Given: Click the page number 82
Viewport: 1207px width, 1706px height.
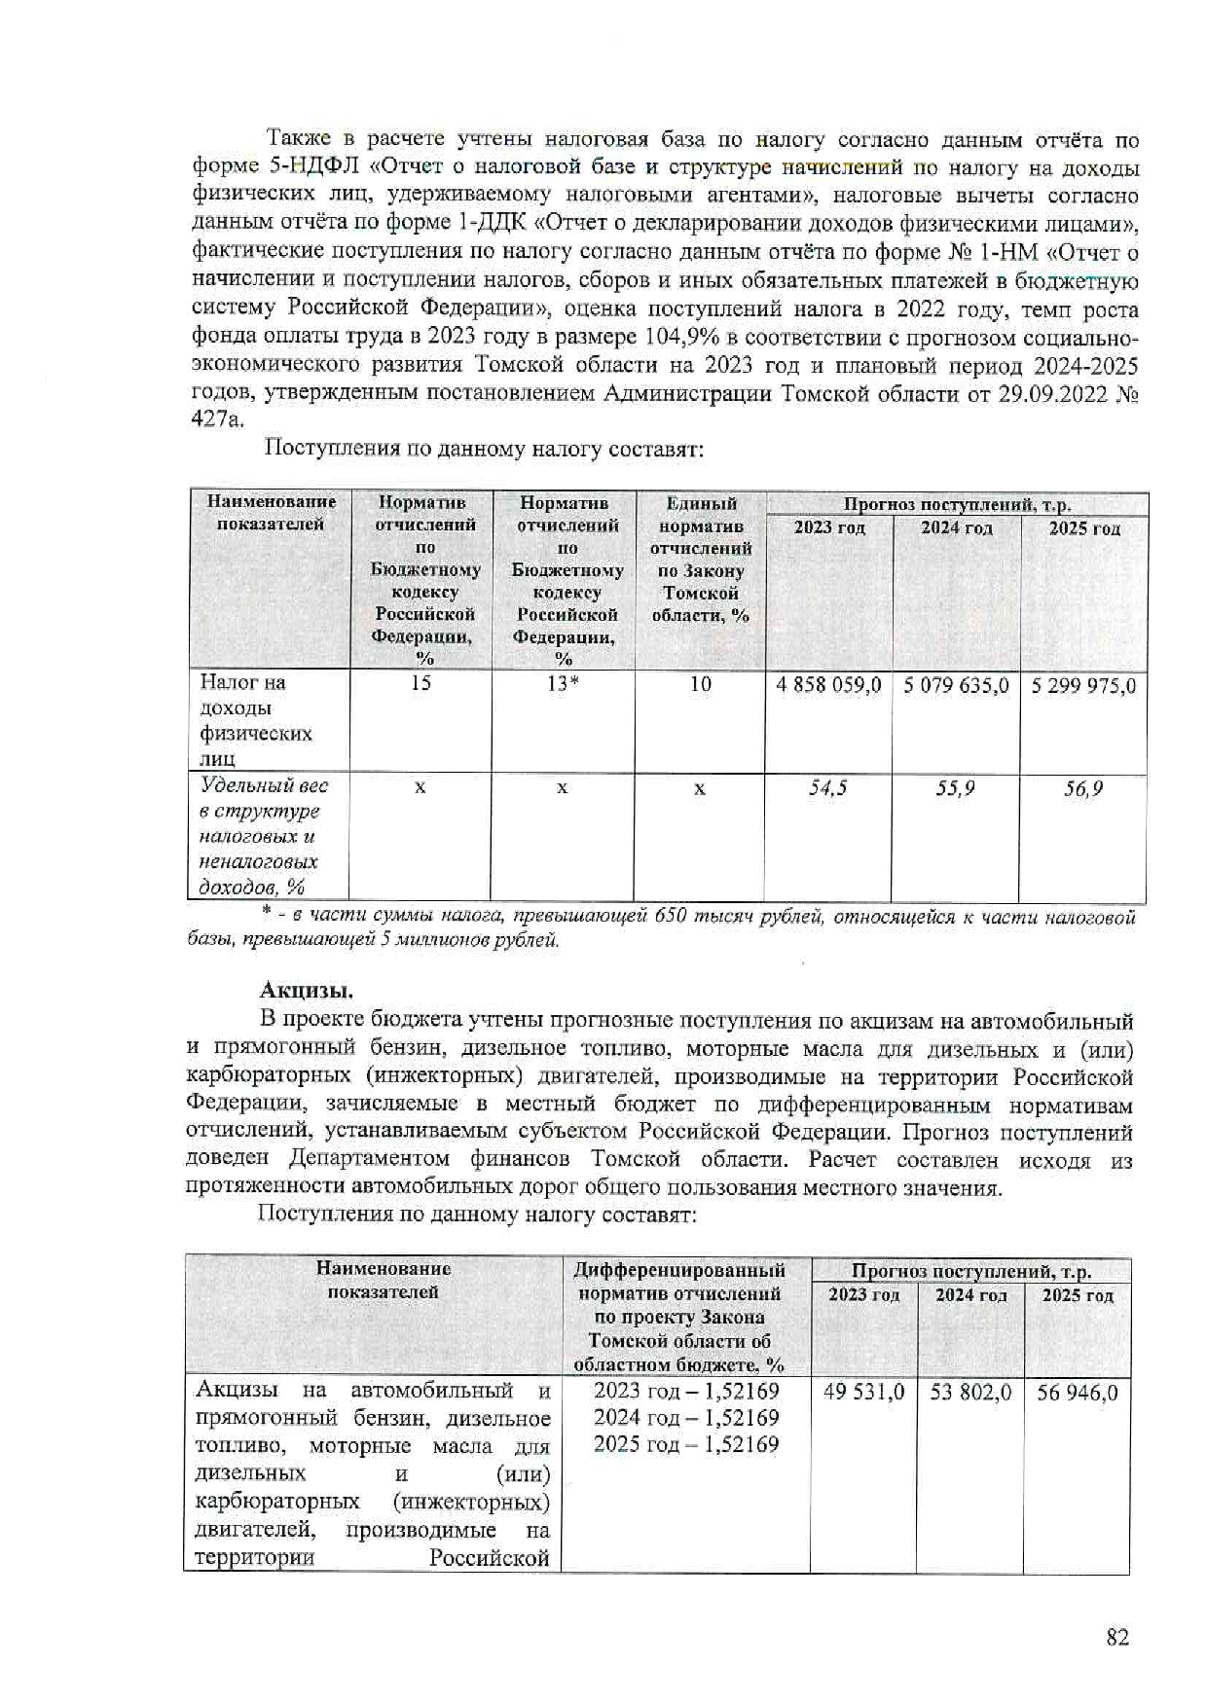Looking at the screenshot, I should (1117, 1637).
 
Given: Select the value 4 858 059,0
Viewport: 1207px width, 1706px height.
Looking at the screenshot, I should (828, 685).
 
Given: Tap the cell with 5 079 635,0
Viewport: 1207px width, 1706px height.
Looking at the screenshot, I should (956, 685).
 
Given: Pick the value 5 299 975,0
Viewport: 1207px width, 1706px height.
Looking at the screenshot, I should (1083, 685).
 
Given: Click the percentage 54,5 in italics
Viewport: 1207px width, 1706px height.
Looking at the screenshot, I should (828, 787).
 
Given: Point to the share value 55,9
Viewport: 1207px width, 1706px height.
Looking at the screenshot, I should (955, 788).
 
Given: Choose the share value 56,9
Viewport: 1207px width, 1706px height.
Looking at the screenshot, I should (1082, 788).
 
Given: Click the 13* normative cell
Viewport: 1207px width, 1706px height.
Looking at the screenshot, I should (563, 683).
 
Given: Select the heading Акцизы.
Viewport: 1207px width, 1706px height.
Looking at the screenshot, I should (306, 991).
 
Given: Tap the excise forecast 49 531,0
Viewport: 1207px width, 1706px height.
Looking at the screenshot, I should (863, 1393).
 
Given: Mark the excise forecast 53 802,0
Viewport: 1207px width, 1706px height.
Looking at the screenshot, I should (970, 1393).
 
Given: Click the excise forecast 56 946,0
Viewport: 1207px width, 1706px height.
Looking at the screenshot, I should (1077, 1393).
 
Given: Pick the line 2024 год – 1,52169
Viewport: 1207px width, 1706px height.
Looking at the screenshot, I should (686, 1418).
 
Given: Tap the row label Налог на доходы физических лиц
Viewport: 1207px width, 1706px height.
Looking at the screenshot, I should (256, 720).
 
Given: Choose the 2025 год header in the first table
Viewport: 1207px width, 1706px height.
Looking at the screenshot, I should (1083, 528).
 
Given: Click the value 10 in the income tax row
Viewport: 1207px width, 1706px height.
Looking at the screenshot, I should (700, 683).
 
